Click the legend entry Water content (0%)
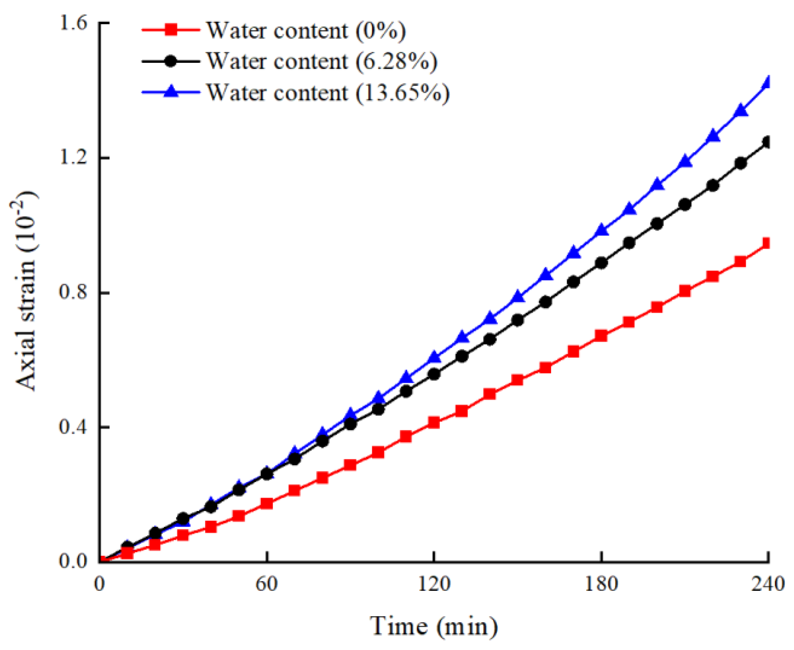pyautogui.click(x=306, y=31)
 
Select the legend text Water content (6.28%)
pyautogui.click(x=321, y=61)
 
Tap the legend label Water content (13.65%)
pyautogui.click(x=328, y=93)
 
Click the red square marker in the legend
pyautogui.click(x=171, y=30)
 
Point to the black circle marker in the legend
pyautogui.click(x=171, y=61)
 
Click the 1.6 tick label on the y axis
pyautogui.click(x=73, y=23)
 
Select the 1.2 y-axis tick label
pyautogui.click(x=73, y=158)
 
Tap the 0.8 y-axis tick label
pyautogui.click(x=73, y=292)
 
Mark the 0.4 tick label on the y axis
pyautogui.click(x=73, y=427)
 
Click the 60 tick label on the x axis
pyautogui.click(x=267, y=584)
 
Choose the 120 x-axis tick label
pyautogui.click(x=434, y=584)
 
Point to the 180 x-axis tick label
pyautogui.click(x=601, y=584)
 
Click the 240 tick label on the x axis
pyautogui.click(x=768, y=584)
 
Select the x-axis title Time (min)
pyautogui.click(x=434, y=626)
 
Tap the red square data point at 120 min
pyautogui.click(x=433, y=423)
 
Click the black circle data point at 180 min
pyautogui.click(x=601, y=263)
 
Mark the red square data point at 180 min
pyautogui.click(x=601, y=336)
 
